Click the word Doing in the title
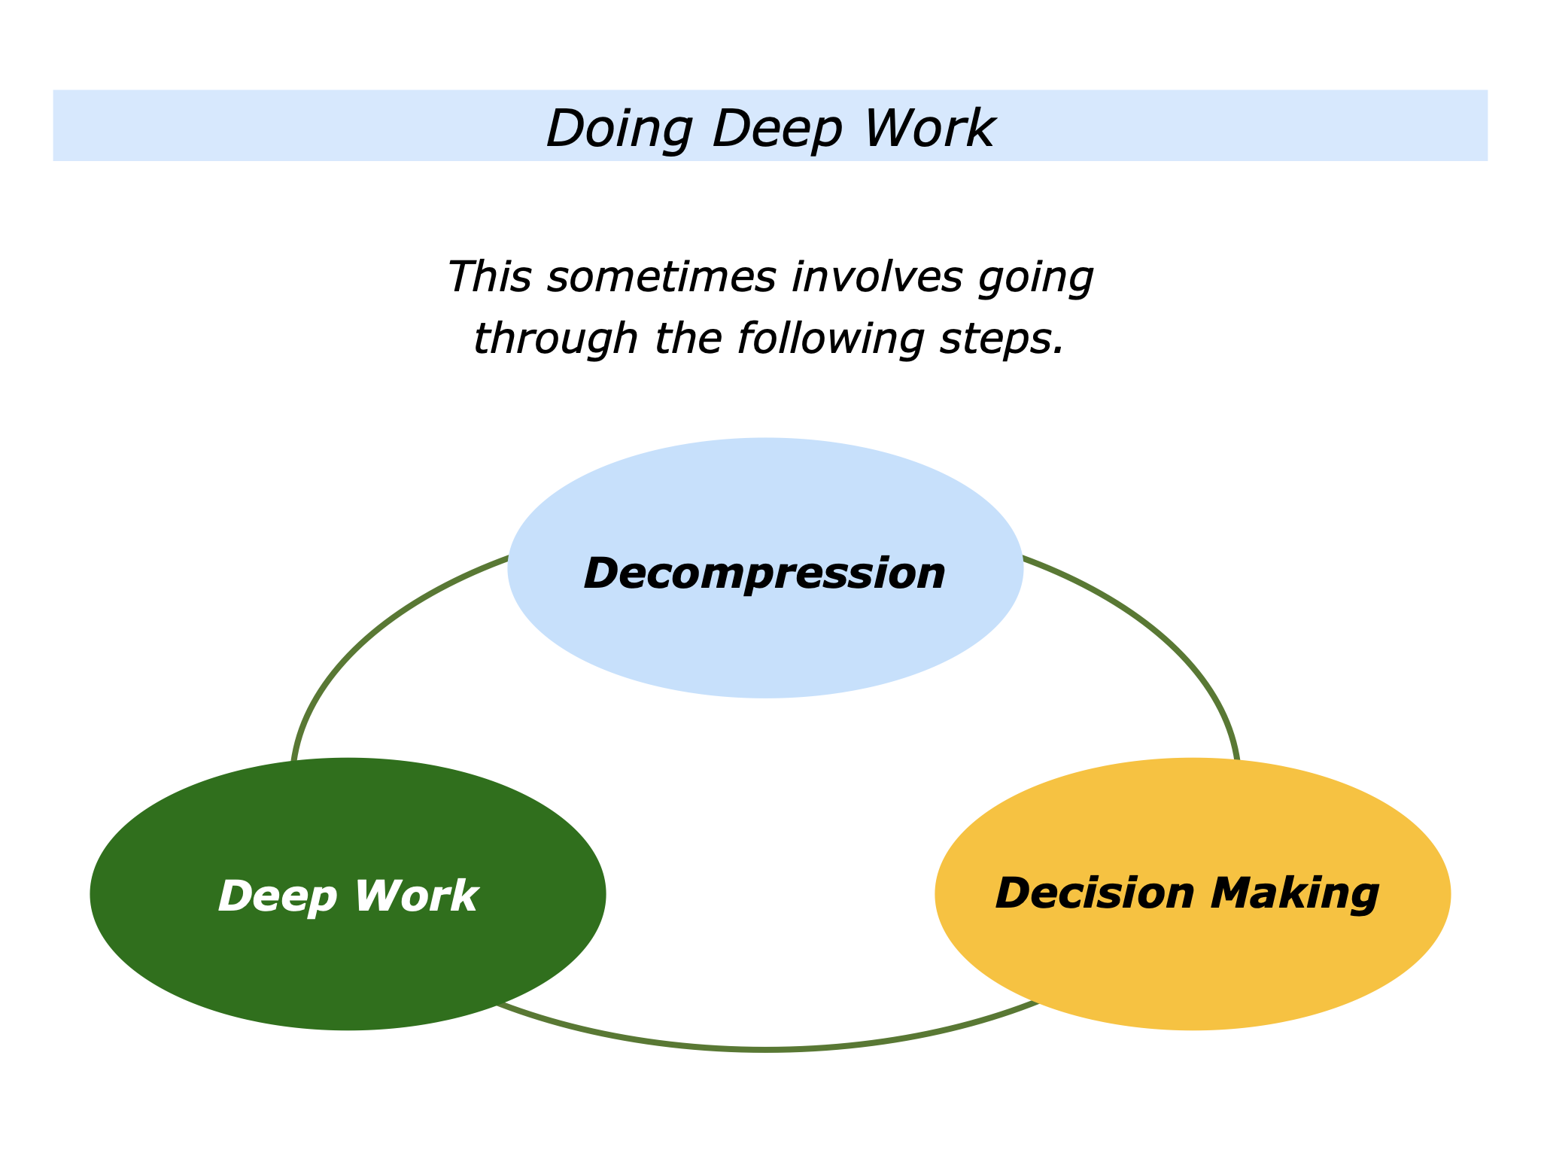(619, 129)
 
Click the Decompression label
(764, 573)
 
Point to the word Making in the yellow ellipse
(1294, 893)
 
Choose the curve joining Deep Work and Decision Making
(764, 1048)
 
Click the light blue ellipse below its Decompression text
(764, 647)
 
